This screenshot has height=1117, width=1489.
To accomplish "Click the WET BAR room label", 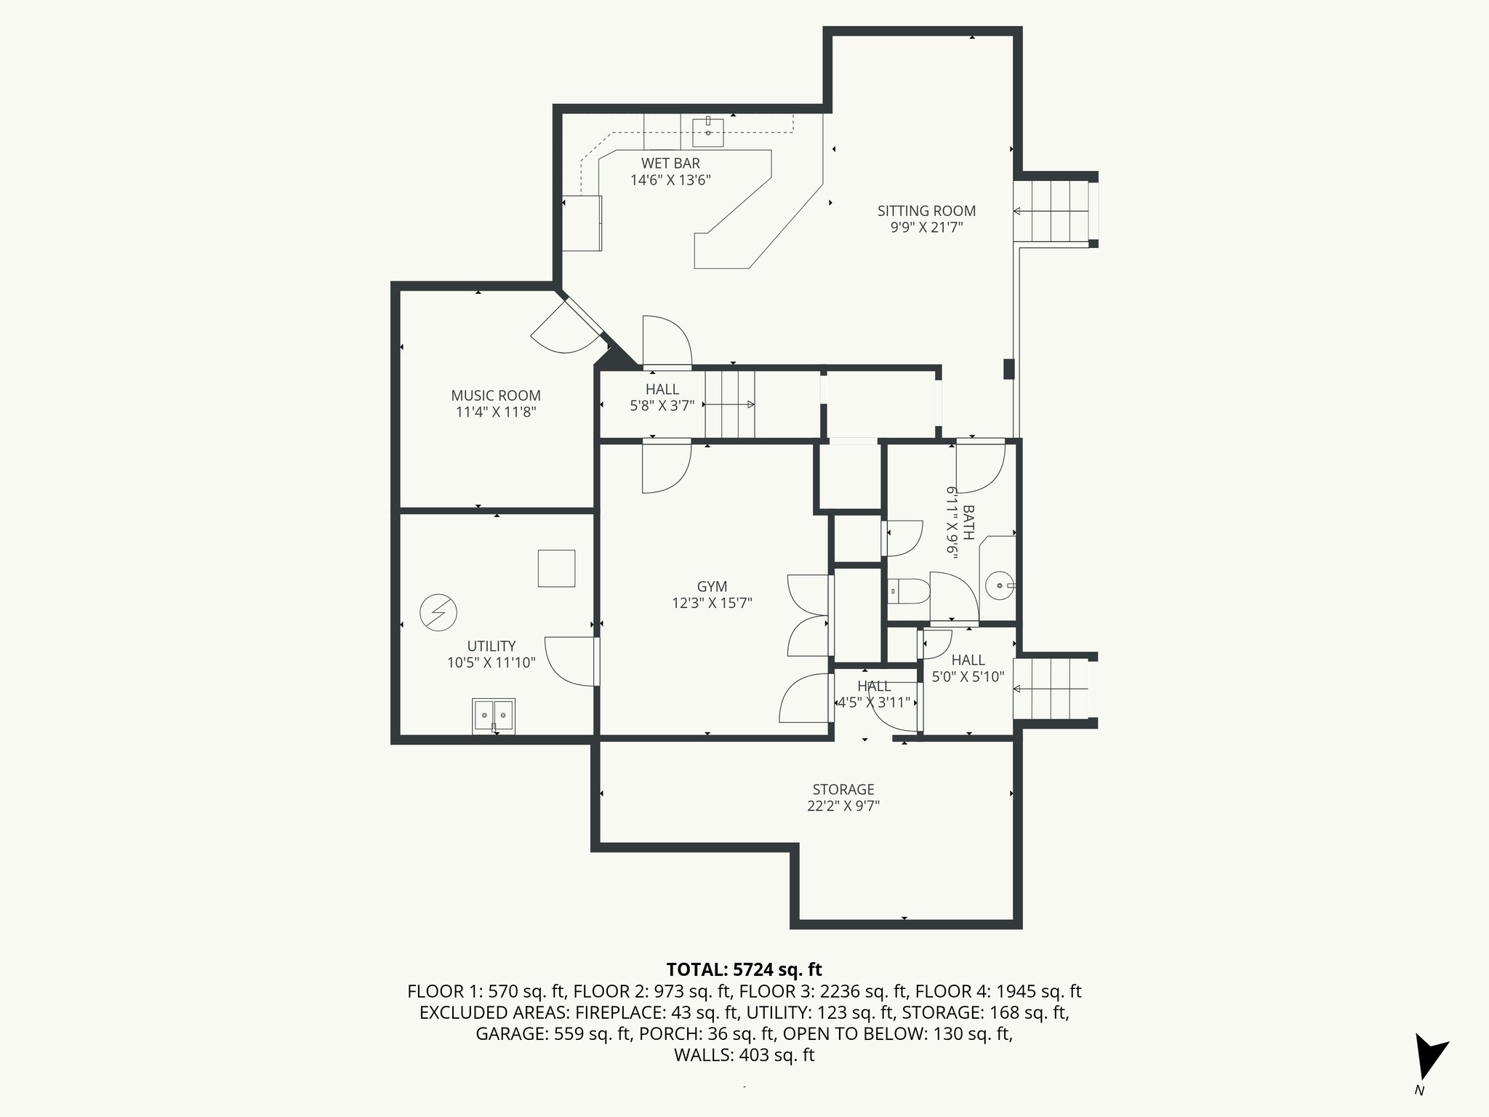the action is pyautogui.click(x=670, y=164).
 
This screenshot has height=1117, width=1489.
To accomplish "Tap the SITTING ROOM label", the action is pyautogui.click(x=926, y=211).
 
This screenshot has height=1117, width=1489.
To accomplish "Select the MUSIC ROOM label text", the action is pyautogui.click(x=496, y=396).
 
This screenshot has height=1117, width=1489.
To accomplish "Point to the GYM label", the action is pyautogui.click(x=712, y=587).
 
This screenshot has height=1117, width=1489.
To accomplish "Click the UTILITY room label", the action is pyautogui.click(x=491, y=646).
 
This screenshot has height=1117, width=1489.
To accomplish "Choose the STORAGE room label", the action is pyautogui.click(x=843, y=789).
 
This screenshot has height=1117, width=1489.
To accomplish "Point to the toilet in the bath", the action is pyautogui.click(x=909, y=591).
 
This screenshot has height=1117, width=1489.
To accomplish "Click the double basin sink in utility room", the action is pyautogui.click(x=494, y=716).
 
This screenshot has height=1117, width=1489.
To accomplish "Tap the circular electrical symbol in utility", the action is pyautogui.click(x=438, y=613).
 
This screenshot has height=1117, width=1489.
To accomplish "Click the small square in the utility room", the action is pyautogui.click(x=556, y=569).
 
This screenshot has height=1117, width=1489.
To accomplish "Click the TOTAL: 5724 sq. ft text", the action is pyautogui.click(x=744, y=969).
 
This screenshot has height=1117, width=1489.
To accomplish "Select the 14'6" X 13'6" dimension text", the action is pyautogui.click(x=670, y=180).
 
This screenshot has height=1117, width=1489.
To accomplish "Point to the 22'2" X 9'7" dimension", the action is pyautogui.click(x=843, y=806).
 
